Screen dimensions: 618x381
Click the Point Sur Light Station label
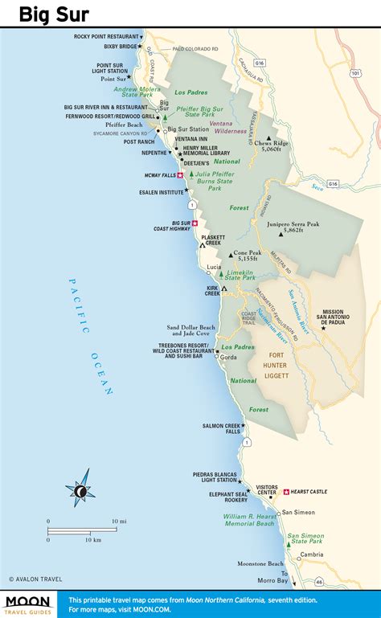pyautogui.click(x=112, y=68)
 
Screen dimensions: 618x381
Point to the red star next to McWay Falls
pyautogui.click(x=180, y=175)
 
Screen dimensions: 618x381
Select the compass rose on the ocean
pyautogui.click(x=79, y=490)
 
